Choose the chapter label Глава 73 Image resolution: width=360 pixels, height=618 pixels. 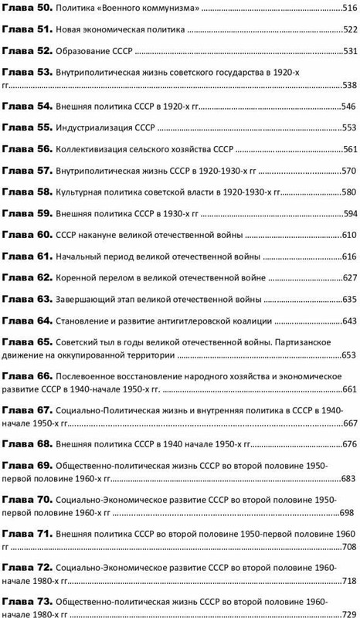(25, 599)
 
